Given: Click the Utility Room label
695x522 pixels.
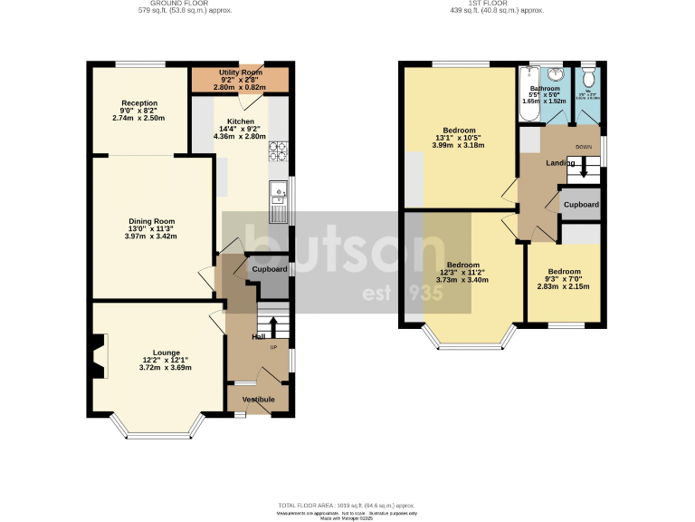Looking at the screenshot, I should (241, 72).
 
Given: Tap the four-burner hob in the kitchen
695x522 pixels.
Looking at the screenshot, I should (279, 151).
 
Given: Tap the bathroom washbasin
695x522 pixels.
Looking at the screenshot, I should (556, 75).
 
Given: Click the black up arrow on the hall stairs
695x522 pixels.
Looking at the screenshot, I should (273, 325).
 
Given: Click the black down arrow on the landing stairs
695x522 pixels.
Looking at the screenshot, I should (584, 168).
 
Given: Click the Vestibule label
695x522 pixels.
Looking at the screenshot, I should (258, 399).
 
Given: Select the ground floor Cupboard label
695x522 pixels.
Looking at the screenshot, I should (269, 269).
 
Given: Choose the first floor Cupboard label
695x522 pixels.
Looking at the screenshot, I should (581, 205).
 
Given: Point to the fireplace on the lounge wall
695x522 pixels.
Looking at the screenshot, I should (99, 355).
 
